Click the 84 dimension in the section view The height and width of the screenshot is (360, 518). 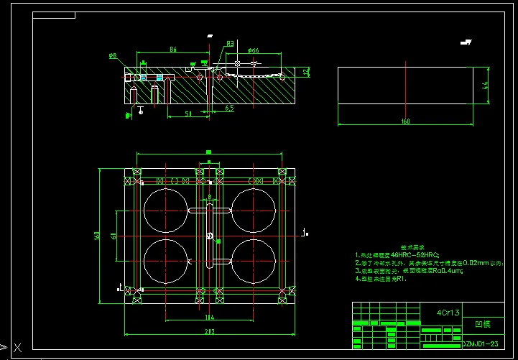(173, 50)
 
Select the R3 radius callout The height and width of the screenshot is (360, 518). (230, 44)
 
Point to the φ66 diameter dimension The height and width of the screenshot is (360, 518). (253, 50)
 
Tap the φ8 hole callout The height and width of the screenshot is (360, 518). (113, 56)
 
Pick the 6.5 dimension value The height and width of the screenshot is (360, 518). (228, 108)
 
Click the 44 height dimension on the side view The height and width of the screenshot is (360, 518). (486, 86)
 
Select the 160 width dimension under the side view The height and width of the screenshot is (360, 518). (405, 121)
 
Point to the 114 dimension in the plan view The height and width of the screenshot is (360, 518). (209, 317)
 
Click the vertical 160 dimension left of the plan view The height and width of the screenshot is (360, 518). (96, 235)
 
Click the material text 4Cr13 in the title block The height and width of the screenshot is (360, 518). (449, 313)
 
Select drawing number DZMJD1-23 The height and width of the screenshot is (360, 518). (483, 346)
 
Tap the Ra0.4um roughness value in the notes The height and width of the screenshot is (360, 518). (449, 271)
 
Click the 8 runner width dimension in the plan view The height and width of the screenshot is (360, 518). (209, 196)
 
